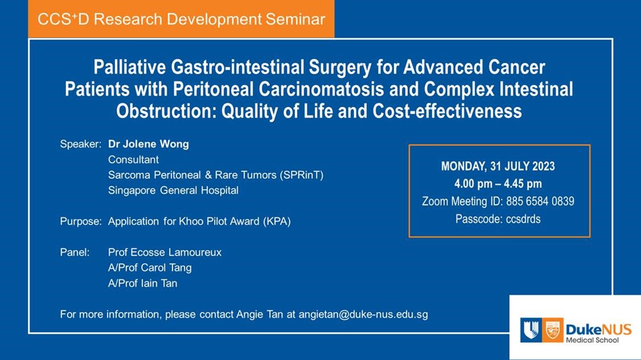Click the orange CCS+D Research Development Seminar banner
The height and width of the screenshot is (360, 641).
point(181,19)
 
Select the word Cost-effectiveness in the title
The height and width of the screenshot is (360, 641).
point(447,111)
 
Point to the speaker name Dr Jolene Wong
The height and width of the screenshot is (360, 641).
point(148,144)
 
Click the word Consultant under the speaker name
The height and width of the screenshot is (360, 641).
point(133,160)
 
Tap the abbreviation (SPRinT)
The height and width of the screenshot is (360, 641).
point(301,175)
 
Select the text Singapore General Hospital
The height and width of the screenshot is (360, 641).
point(173,191)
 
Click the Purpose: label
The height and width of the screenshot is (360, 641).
point(81,221)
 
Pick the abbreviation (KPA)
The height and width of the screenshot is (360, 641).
point(277,221)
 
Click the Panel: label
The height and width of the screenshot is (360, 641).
point(75,252)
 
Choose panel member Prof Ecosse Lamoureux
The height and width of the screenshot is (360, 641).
point(165,253)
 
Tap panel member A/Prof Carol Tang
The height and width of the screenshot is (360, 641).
point(150,268)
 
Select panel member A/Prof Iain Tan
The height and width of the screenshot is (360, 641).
point(143,283)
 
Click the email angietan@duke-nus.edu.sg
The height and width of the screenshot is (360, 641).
point(363,315)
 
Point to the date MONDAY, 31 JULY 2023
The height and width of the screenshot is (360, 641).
point(498,166)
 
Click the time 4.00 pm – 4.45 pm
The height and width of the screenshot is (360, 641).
point(498,184)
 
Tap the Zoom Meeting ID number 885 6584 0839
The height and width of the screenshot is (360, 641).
point(540,201)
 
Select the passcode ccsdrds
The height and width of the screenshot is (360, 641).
point(523,219)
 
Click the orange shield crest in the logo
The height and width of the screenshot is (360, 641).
point(553,330)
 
